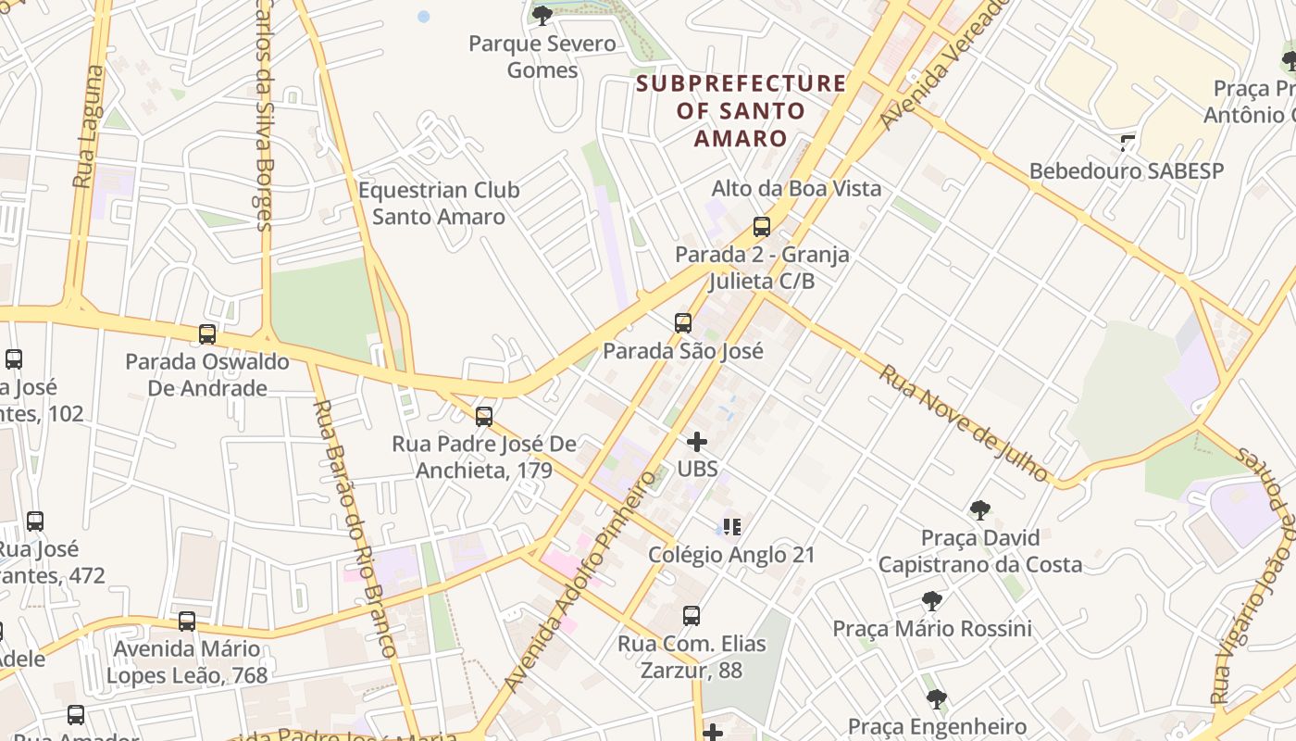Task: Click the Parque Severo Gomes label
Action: [542, 57]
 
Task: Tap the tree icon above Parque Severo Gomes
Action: [542, 15]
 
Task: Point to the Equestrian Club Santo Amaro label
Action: [439, 204]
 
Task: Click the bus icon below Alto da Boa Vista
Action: [761, 226]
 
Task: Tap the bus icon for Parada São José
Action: [682, 323]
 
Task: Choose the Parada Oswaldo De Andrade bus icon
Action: [207, 334]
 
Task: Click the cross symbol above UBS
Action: [697, 442]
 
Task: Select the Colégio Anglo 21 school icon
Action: [732, 527]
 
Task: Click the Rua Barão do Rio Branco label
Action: [355, 528]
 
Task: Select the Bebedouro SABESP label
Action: [1126, 171]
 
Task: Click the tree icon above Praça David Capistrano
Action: [979, 509]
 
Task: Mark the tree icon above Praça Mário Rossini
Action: [931, 601]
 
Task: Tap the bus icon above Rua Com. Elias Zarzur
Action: [691, 615]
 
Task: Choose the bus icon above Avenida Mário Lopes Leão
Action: [187, 621]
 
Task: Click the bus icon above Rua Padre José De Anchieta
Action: [483, 416]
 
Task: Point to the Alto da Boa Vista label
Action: [796, 188]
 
